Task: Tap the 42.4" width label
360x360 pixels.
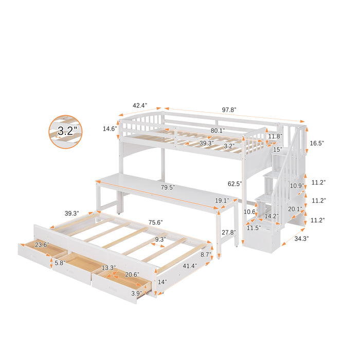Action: (139, 105)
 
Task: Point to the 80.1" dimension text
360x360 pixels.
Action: (218, 131)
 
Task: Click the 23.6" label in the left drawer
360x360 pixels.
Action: (41, 245)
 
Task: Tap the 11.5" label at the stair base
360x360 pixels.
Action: (254, 227)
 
